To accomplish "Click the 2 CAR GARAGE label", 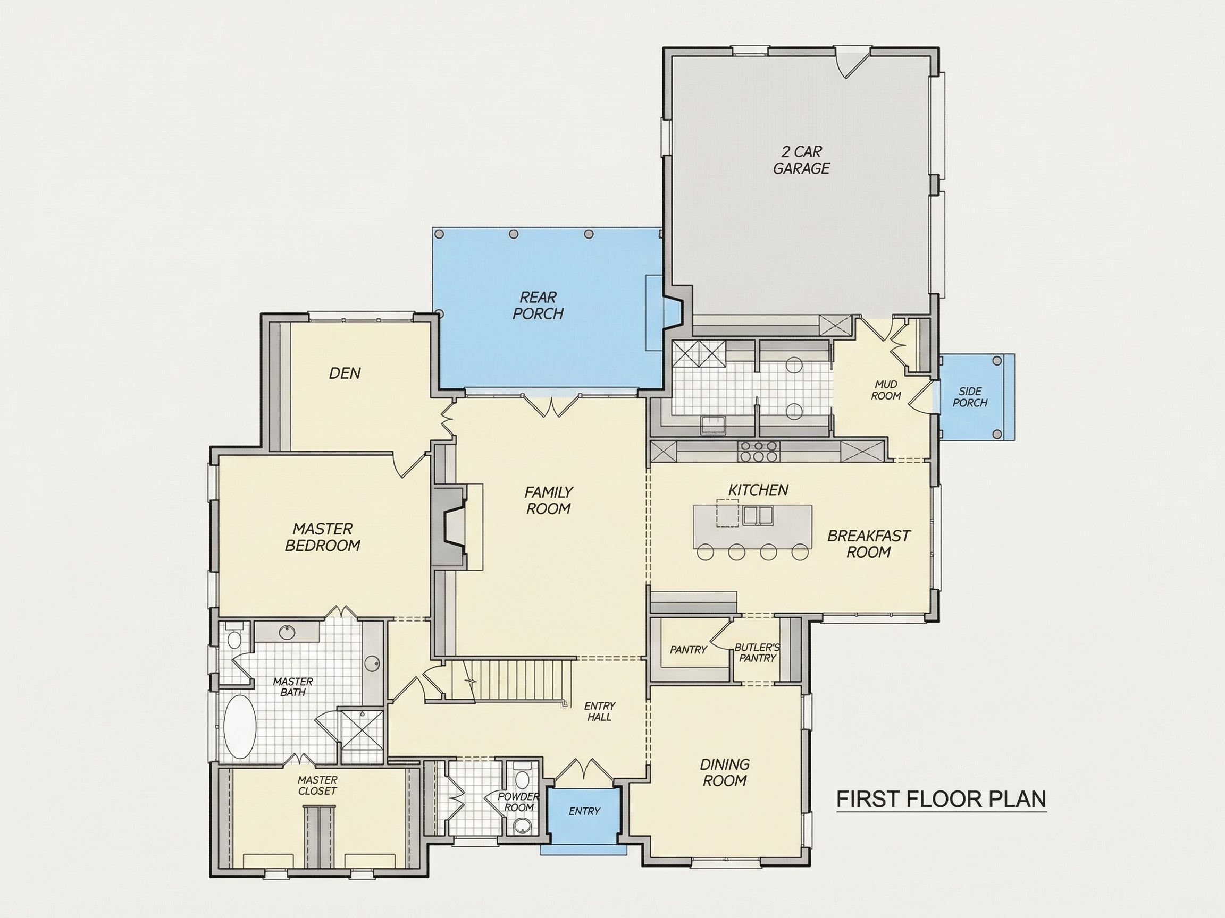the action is [x=801, y=160].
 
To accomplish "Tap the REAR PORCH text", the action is [x=538, y=305].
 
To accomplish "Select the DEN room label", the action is [x=345, y=373].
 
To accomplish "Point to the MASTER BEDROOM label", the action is [x=322, y=537].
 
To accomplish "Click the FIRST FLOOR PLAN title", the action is [x=941, y=799].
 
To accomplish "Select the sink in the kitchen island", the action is [x=758, y=515].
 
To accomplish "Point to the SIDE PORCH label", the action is [x=970, y=397].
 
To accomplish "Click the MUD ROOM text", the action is [x=886, y=390].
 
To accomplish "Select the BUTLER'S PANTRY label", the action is [x=757, y=653].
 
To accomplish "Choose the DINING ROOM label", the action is [x=724, y=772].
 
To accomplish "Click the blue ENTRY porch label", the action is [x=584, y=811].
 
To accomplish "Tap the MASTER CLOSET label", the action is [x=317, y=786].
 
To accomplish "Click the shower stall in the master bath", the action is [x=361, y=730].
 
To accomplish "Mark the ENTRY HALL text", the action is [x=599, y=711].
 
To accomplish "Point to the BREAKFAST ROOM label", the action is [x=868, y=544].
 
